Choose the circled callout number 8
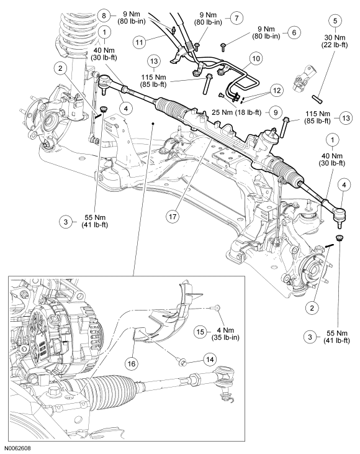(x=104, y=15)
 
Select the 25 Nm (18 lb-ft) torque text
(x=245, y=113)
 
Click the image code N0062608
(x=19, y=447)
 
